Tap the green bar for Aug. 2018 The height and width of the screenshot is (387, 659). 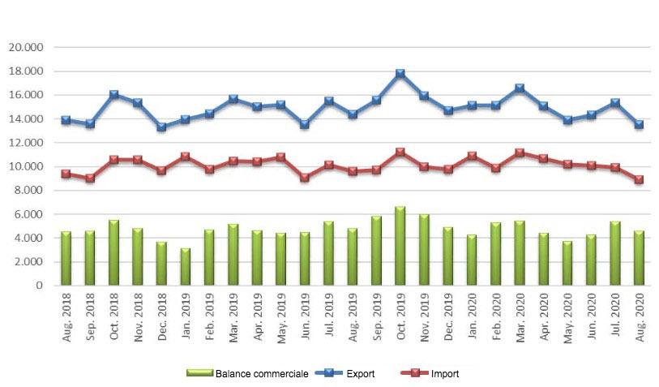[x=66, y=258]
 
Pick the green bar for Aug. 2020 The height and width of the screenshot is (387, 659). [x=639, y=258]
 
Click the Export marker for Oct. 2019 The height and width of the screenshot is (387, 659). [x=400, y=74]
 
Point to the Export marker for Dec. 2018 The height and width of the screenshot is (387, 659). [x=161, y=127]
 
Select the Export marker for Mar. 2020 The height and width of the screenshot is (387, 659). [x=519, y=88]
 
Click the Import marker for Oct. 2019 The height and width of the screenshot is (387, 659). [x=400, y=152]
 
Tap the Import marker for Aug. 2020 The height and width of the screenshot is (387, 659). [x=639, y=179]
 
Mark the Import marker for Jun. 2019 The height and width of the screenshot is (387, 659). [x=304, y=177]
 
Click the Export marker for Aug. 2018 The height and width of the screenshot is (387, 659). [x=66, y=120]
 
